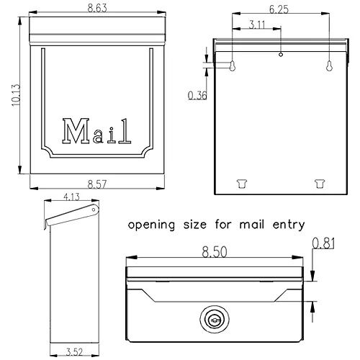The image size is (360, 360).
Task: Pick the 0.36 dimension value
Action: pyautogui.click(x=196, y=94)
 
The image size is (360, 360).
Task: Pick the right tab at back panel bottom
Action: pyautogui.click(x=318, y=183)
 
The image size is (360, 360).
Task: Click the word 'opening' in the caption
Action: pyautogui.click(x=151, y=225)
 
